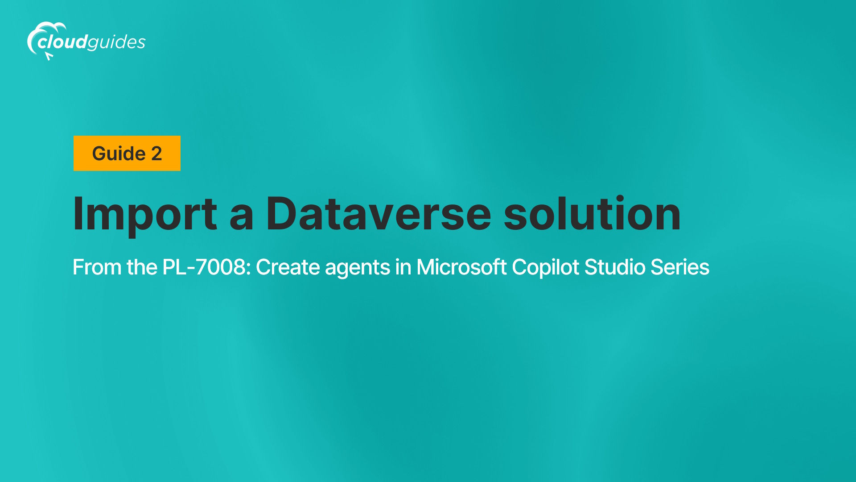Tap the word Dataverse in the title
coord(379,214)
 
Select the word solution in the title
coord(592,214)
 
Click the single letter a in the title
coord(242,218)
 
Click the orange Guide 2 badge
coord(127,153)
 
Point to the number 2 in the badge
coord(156,154)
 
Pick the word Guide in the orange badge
coord(119,154)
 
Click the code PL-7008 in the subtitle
coord(207,267)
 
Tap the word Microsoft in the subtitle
coord(461,267)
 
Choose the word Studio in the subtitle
coord(615,267)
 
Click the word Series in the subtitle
coord(680,267)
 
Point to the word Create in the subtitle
coord(288,267)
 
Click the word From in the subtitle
coord(97,267)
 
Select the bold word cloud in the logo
coord(62,42)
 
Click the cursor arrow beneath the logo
coord(49,56)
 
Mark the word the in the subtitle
coord(142,267)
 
